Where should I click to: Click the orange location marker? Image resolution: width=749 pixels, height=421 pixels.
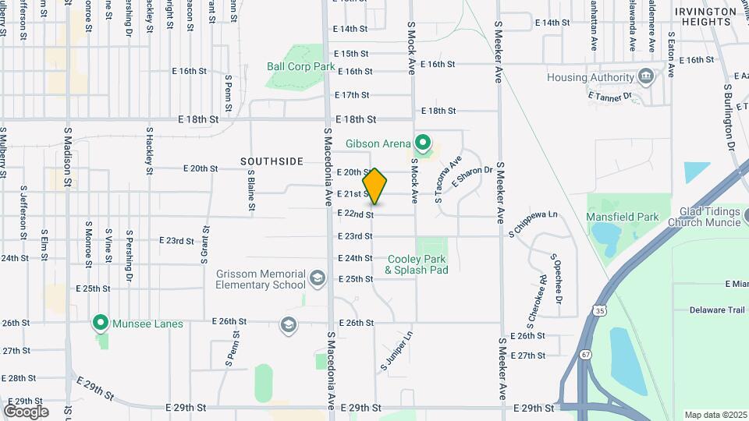click(374, 186)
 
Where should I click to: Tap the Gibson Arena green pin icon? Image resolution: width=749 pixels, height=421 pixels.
click(423, 143)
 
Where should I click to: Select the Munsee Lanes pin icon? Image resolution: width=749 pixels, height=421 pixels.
click(100, 322)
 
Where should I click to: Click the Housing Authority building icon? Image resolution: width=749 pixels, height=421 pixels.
click(646, 77)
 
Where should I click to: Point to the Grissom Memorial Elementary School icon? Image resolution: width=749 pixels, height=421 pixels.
click(317, 278)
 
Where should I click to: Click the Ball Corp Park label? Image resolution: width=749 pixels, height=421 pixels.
click(300, 67)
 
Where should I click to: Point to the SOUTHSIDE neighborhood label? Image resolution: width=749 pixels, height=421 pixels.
click(272, 161)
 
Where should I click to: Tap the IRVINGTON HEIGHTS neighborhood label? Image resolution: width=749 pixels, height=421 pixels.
click(704, 16)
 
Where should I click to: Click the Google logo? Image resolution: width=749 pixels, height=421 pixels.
click(25, 411)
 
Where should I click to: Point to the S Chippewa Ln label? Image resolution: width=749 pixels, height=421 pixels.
click(534, 222)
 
